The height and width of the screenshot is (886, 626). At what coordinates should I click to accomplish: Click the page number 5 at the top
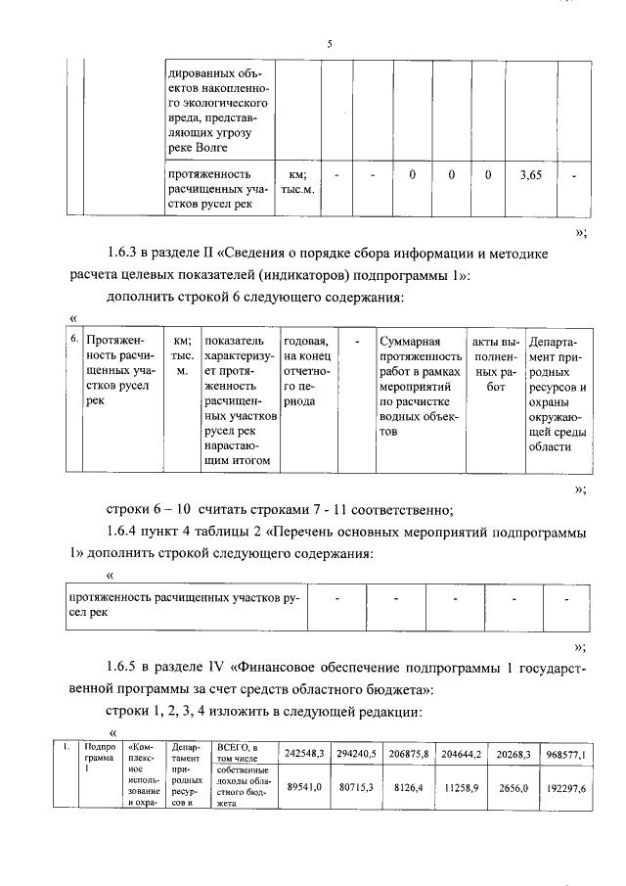(x=330, y=44)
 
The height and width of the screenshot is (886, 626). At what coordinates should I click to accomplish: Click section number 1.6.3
(x=126, y=253)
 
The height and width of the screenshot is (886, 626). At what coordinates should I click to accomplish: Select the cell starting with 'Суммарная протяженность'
(x=421, y=385)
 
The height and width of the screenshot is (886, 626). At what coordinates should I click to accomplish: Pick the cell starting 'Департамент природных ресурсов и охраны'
(x=557, y=392)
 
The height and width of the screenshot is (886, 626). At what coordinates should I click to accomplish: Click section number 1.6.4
(x=126, y=533)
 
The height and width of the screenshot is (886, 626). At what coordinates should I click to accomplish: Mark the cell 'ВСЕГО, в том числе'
(x=239, y=752)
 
